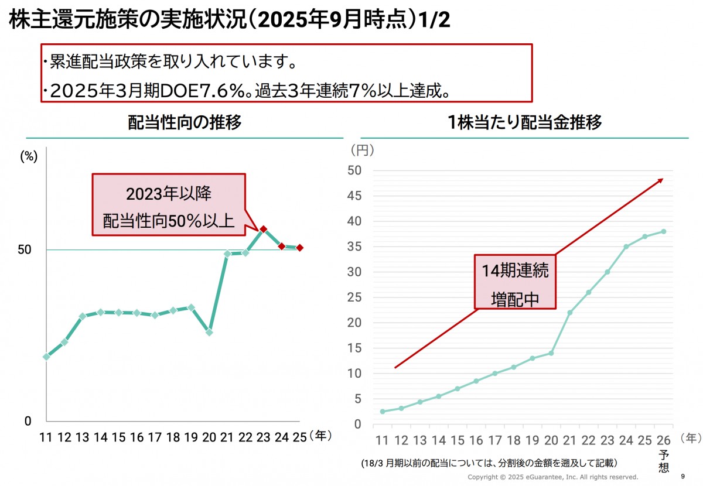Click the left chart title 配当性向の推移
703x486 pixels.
pyautogui.click(x=185, y=122)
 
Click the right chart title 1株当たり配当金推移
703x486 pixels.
pyautogui.click(x=524, y=122)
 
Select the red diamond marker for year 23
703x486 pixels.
pyautogui.click(x=264, y=230)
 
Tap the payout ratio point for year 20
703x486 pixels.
pyautogui.click(x=209, y=332)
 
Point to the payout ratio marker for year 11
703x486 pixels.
pyautogui.click(x=46, y=356)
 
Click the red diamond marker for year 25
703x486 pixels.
pyautogui.click(x=299, y=248)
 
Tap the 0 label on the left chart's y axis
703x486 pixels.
pyautogui.click(x=27, y=420)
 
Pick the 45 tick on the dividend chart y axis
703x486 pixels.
pyautogui.click(x=355, y=196)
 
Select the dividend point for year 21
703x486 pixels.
pyautogui.click(x=569, y=313)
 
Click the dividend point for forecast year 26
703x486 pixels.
pyautogui.click(x=663, y=231)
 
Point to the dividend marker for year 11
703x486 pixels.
pyautogui.click(x=383, y=412)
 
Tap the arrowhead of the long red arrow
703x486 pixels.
pyautogui.click(x=660, y=180)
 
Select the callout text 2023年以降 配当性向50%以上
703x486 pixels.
pyautogui.click(x=168, y=206)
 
